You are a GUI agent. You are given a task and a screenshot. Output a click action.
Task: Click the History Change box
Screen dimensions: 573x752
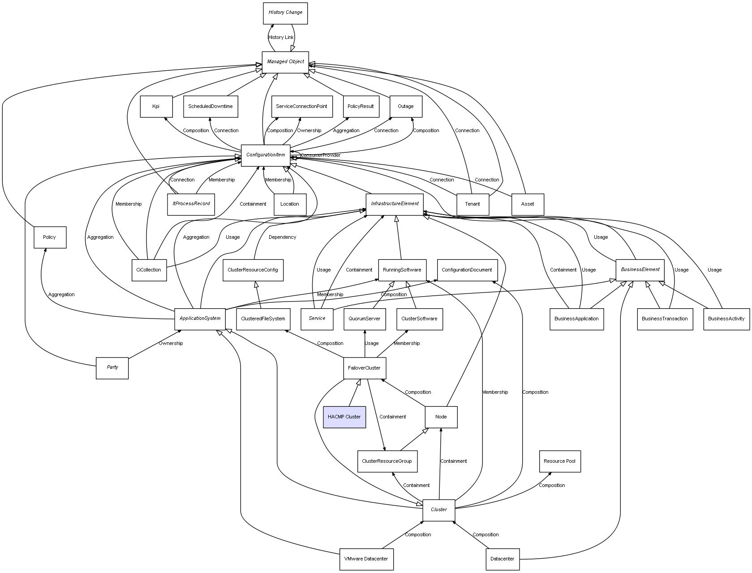285,13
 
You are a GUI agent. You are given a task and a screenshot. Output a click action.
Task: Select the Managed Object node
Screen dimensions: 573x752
285,62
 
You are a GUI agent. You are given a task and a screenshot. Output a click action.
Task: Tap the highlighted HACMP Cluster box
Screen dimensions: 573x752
344,417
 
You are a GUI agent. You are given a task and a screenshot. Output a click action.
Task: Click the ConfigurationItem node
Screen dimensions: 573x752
266,155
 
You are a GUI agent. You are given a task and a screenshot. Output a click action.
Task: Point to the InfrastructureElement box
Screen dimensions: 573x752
395,204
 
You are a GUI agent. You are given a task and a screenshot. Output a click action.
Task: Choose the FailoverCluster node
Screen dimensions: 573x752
364,368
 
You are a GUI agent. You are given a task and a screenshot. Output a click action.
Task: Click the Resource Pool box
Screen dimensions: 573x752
559,461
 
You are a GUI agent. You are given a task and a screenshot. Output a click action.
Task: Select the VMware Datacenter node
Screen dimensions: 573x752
366,559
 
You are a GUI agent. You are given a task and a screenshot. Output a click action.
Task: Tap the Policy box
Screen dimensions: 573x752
50,237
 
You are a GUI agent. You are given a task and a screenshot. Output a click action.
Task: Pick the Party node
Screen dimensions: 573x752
112,368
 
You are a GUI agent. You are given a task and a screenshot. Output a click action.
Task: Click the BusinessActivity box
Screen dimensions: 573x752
726,319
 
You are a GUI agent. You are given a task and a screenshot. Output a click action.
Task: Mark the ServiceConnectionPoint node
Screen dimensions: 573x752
301,107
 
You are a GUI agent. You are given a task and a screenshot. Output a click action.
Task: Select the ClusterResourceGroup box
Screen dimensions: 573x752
387,461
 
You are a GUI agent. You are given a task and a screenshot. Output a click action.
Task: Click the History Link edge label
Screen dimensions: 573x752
281,38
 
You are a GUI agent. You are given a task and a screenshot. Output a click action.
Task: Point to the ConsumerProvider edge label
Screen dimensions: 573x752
320,155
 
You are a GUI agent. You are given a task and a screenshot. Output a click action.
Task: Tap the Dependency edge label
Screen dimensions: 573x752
282,237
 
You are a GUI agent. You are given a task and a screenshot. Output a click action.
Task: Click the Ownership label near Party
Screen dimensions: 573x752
171,344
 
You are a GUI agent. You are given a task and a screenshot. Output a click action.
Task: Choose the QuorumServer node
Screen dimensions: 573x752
365,319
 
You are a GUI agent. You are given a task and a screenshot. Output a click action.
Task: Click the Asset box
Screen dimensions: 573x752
528,204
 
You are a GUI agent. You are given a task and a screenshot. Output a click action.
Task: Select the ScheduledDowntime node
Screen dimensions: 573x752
210,107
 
